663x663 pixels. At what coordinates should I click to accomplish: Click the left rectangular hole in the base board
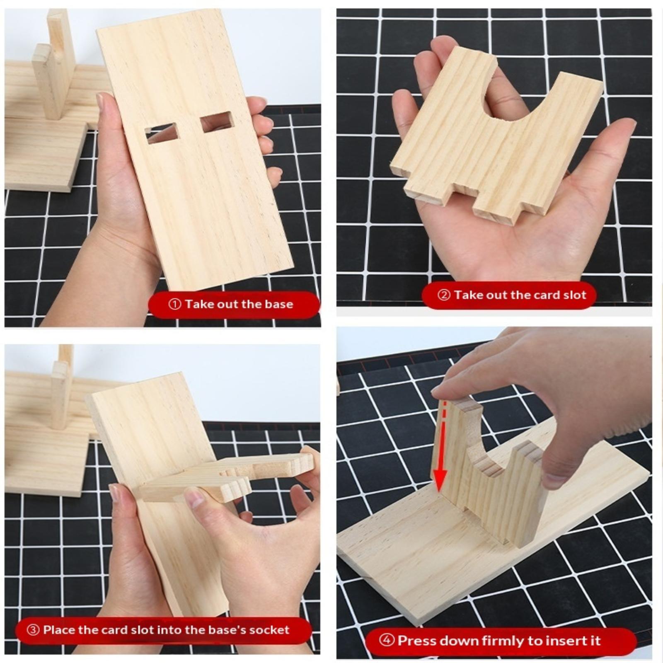[x=162, y=133]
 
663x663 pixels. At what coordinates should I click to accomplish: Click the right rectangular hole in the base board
[x=217, y=122]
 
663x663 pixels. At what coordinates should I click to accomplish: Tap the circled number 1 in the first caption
[x=175, y=304]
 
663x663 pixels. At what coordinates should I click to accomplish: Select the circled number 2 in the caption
[x=444, y=295]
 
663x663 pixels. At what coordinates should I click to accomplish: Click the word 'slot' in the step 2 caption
[x=575, y=295]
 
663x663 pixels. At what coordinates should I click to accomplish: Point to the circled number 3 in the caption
[x=33, y=630]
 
